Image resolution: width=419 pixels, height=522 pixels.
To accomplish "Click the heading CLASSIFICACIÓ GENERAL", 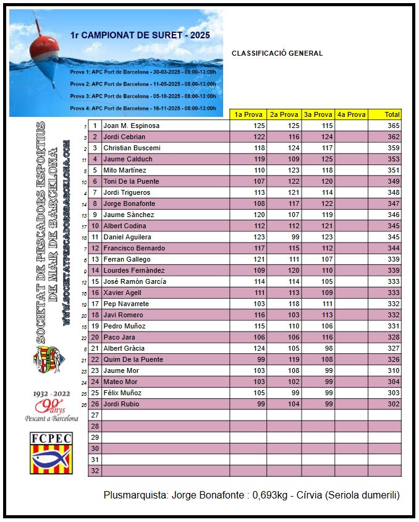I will pos(277,53).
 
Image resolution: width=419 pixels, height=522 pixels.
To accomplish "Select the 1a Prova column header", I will pos(248,114).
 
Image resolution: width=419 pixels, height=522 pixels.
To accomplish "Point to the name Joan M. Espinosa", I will pos(131,126).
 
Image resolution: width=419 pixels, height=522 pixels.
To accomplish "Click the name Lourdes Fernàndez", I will pos(133,270).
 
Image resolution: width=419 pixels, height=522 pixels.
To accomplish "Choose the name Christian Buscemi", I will pos(132,148).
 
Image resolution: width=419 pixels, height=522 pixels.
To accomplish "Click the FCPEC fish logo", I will pos(51,453).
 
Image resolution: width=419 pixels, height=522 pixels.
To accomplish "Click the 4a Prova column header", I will pos(351,114).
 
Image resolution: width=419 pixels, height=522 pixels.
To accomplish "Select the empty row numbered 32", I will pos(95,471).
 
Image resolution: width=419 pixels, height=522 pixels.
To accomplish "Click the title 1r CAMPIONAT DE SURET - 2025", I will pos(140,35).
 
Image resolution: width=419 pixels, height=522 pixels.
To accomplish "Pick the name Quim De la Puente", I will pos(133,359).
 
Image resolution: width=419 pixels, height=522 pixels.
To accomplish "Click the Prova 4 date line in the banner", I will pos(143,108).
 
